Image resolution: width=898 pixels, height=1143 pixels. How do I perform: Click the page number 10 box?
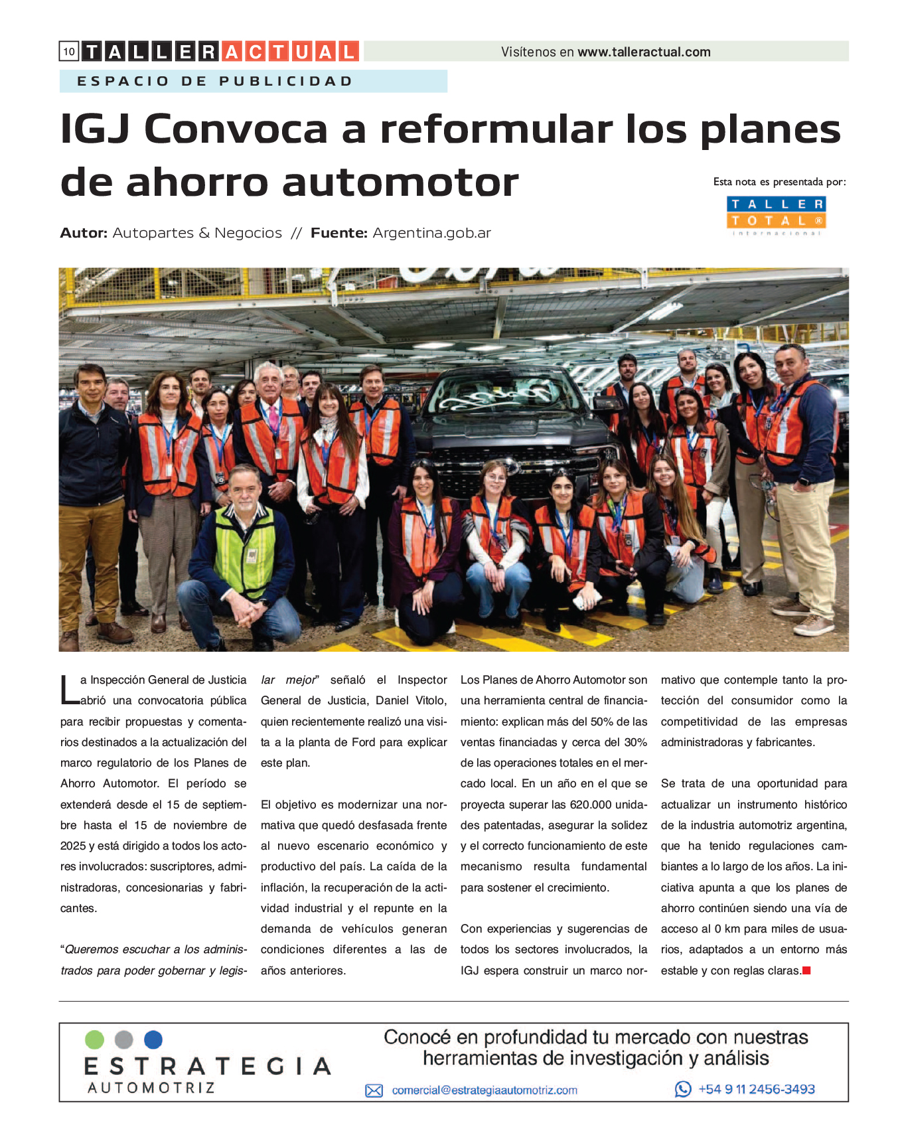tap(69, 51)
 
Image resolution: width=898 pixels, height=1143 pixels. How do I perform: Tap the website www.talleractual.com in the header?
tap(643, 52)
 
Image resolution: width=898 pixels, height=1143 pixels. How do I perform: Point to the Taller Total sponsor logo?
tap(776, 215)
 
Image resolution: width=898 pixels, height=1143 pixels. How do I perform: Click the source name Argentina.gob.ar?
tap(431, 233)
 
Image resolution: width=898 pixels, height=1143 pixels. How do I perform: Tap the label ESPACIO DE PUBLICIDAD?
tap(215, 81)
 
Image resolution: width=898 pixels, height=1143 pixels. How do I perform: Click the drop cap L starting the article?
tap(68, 690)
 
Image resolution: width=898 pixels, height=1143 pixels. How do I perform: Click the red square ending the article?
tap(806, 970)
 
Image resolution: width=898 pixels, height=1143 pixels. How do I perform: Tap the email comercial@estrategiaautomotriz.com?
tap(484, 1090)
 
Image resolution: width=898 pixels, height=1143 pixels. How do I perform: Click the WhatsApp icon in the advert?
tap(682, 1089)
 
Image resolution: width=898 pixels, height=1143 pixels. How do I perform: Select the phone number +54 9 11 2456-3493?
tap(756, 1089)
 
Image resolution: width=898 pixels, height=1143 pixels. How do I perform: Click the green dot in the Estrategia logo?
tap(95, 1039)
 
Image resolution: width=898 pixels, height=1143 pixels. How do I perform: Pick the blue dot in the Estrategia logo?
tap(153, 1039)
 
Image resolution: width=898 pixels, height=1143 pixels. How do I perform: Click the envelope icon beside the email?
tap(374, 1091)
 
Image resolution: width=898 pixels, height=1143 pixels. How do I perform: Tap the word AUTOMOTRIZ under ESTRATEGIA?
tap(151, 1088)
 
